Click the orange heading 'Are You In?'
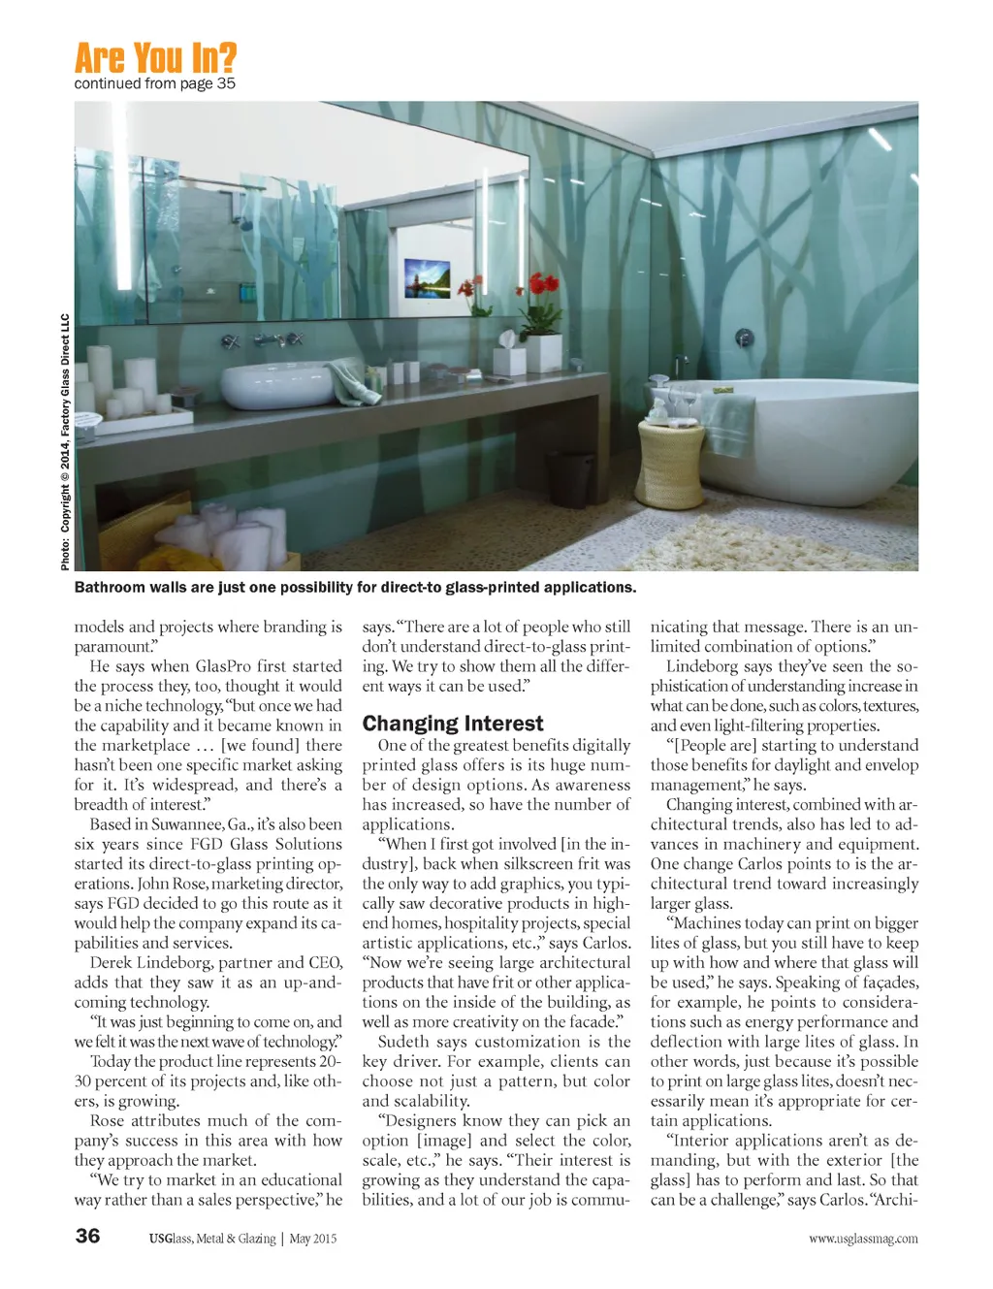click(x=155, y=58)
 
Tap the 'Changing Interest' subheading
click(x=453, y=724)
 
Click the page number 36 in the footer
click(x=87, y=1235)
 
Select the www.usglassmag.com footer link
click(x=863, y=1239)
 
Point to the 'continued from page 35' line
click(x=155, y=84)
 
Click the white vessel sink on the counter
click(x=277, y=385)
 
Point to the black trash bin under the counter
click(x=570, y=479)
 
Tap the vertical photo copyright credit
click(x=65, y=441)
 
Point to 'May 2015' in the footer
click(x=312, y=1239)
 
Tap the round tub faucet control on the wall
click(x=744, y=338)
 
